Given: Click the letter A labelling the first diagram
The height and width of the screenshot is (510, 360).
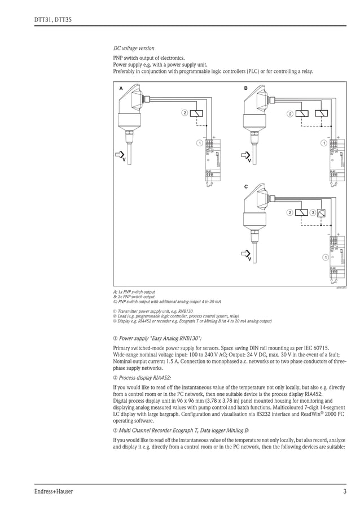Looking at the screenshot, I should (121, 89).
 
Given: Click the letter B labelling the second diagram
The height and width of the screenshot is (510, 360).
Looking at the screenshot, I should (246, 89).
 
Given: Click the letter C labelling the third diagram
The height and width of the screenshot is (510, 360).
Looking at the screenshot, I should (246, 186).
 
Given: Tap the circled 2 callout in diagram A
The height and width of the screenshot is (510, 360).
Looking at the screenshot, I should (184, 113).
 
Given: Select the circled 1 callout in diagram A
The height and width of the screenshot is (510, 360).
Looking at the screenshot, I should (199, 142).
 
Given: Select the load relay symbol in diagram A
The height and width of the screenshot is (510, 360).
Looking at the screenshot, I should (197, 113).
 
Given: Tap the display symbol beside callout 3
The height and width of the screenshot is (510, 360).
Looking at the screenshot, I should (322, 213).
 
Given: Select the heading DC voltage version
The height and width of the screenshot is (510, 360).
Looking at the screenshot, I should (134, 49).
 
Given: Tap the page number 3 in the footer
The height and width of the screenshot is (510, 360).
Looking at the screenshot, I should (344, 491).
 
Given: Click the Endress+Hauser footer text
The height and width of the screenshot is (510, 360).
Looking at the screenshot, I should (54, 491).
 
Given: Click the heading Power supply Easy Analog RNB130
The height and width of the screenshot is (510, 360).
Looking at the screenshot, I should (153, 338).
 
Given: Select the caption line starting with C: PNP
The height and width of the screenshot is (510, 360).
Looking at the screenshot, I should (167, 301).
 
